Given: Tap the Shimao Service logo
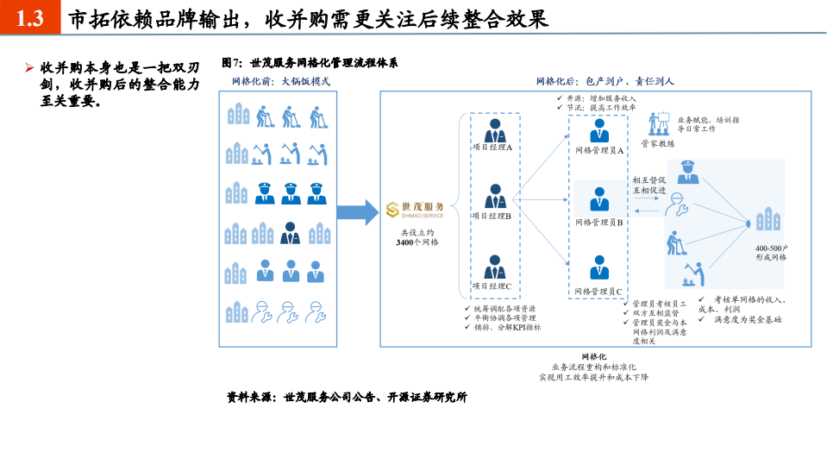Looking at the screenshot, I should (x=417, y=210).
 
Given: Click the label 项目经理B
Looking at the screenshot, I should (x=492, y=217).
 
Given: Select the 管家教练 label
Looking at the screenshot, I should (x=657, y=144).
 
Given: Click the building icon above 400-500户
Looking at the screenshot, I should (x=765, y=221).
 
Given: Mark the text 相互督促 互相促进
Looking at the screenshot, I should (x=649, y=185).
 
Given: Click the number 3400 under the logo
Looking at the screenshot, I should (x=408, y=242).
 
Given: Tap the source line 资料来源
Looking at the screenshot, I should (x=347, y=398).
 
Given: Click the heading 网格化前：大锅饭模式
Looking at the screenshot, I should (x=280, y=81).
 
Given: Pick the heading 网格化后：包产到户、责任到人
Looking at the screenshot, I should (x=605, y=81).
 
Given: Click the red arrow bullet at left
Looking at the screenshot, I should (x=28, y=66).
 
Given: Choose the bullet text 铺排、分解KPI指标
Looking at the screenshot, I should (x=508, y=327).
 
